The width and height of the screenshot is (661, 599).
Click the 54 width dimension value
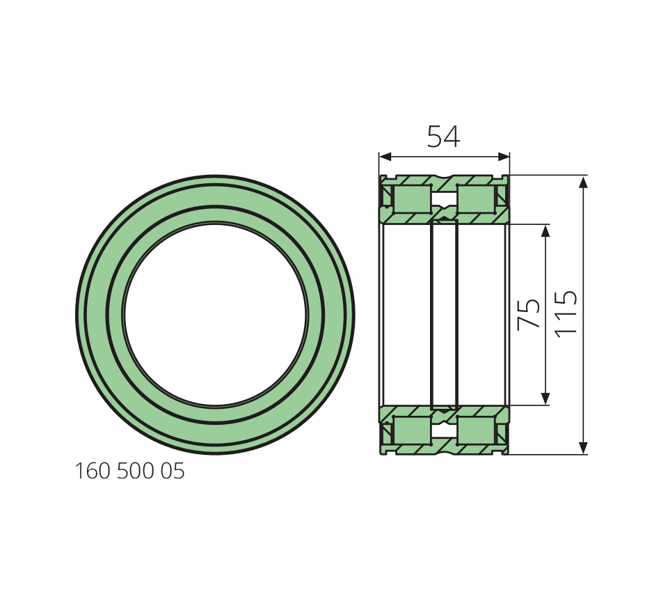pyautogui.click(x=443, y=137)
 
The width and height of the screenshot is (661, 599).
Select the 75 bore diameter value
pyautogui.click(x=528, y=313)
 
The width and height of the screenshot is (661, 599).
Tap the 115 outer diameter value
pyautogui.click(x=565, y=313)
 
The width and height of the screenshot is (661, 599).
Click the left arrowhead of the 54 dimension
pyautogui.click(x=385, y=157)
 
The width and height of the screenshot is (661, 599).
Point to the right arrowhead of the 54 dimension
pyautogui.click(x=504, y=157)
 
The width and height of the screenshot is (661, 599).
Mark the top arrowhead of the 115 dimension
pyautogui.click(x=583, y=182)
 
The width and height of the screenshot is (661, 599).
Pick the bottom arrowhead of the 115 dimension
pyautogui.click(x=583, y=447)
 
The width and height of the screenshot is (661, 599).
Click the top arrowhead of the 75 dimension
pyautogui.click(x=545, y=231)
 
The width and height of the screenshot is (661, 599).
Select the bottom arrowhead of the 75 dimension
pyautogui.click(x=545, y=398)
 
